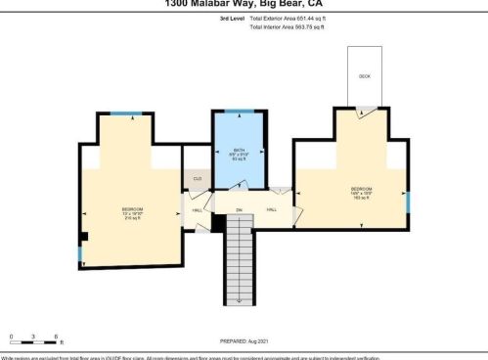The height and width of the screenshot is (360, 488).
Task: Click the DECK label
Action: coord(365,75)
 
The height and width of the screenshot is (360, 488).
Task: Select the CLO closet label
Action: coord(197,178)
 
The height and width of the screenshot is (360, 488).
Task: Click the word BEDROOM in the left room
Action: coord(133,209)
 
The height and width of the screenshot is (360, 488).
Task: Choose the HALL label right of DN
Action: coord(272,209)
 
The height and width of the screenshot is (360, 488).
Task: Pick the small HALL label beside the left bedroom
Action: coord(196,210)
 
